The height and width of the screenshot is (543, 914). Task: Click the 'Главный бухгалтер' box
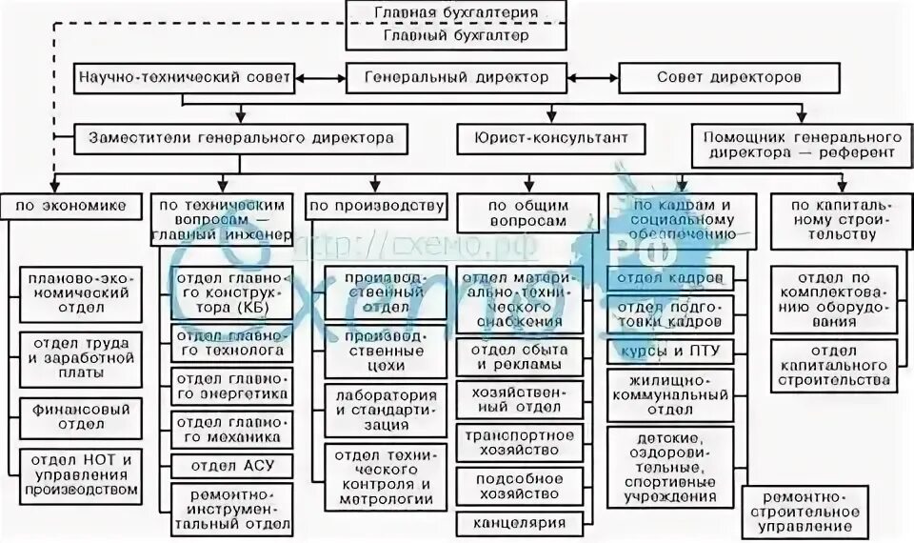pyautogui.click(x=456, y=36)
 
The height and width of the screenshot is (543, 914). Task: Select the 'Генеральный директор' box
pyautogui.click(x=456, y=77)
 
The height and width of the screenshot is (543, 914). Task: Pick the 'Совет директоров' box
pyautogui.click(x=729, y=77)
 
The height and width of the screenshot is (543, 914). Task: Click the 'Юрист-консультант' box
pyautogui.click(x=543, y=137)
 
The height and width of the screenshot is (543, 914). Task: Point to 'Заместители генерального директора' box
pyautogui.click(x=234, y=137)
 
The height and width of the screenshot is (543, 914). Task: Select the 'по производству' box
pyautogui.click(x=376, y=205)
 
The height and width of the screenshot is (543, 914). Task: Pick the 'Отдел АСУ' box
pyautogui.click(x=232, y=466)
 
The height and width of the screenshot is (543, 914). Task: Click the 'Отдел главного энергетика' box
pyautogui.click(x=232, y=388)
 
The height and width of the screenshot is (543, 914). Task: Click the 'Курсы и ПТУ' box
pyautogui.click(x=671, y=352)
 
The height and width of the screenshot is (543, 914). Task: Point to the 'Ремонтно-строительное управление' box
pyautogui.click(x=805, y=512)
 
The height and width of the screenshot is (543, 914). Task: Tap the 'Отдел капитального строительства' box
pyautogui.click(x=833, y=364)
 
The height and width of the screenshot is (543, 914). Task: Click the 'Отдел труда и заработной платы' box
pyautogui.click(x=80, y=356)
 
